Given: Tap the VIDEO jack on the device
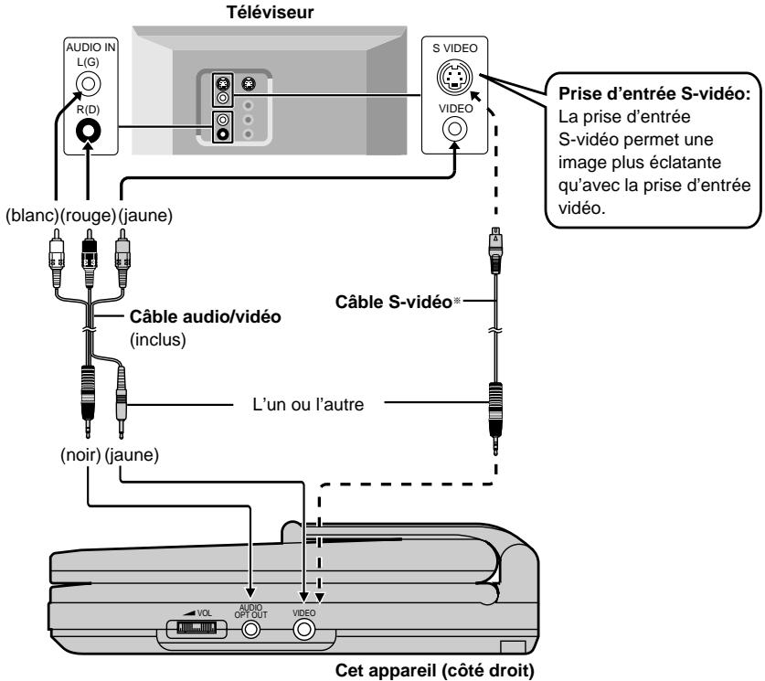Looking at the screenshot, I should [303, 630].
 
